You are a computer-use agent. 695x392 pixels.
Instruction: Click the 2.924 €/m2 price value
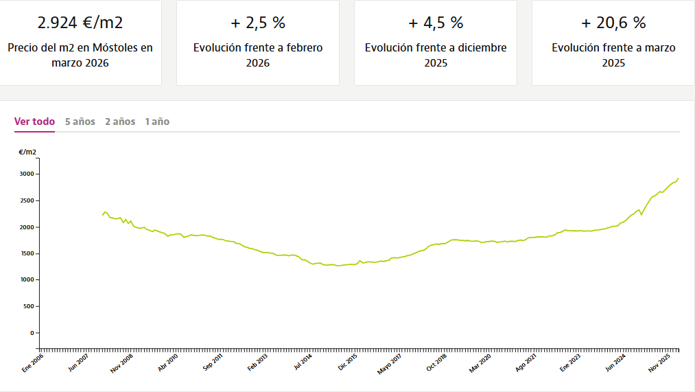(80, 23)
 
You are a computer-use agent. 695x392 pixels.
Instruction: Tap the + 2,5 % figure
(257, 23)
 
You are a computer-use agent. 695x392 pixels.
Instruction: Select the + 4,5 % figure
(436, 23)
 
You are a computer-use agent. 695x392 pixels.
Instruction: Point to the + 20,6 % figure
(613, 23)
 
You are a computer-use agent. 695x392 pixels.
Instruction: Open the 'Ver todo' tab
(34, 122)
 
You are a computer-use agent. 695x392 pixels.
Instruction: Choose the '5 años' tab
(80, 122)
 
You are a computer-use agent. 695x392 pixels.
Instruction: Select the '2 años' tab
(120, 122)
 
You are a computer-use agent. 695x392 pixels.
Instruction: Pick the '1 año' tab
(157, 122)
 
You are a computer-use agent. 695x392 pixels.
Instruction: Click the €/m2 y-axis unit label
(27, 152)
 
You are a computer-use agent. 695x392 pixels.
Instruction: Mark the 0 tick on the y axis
(31, 333)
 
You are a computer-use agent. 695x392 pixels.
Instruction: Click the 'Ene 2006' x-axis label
(33, 362)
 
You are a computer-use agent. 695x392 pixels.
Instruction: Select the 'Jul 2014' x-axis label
(303, 362)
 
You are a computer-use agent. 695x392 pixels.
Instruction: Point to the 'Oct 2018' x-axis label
(437, 362)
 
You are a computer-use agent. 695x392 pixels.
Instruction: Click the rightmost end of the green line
(679, 178)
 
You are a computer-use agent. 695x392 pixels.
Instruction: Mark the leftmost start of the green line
(103, 215)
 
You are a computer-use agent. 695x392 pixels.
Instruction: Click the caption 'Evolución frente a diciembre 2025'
(436, 56)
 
